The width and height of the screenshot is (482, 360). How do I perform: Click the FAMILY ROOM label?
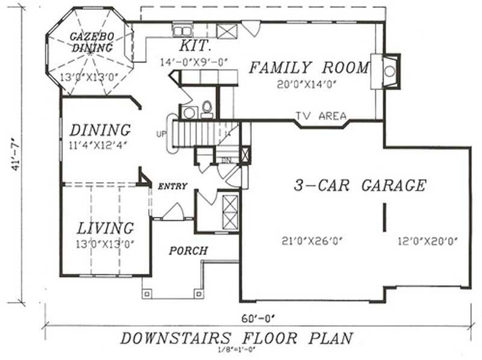[308, 68]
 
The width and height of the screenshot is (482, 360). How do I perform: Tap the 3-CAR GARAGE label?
[360, 186]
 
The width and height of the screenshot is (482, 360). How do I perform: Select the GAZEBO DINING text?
[90, 42]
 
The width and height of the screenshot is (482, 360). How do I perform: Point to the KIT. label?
[195, 46]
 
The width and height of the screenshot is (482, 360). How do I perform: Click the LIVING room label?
[105, 229]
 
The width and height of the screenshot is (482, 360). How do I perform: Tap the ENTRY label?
[173, 186]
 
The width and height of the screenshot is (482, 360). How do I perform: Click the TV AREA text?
[321, 116]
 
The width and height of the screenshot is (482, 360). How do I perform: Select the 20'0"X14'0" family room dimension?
[305, 84]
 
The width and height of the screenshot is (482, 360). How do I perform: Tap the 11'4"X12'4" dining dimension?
[100, 145]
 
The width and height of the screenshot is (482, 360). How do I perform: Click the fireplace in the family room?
[388, 70]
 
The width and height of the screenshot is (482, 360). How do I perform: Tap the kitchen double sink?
[181, 30]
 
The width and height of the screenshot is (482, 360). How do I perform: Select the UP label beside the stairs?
[161, 133]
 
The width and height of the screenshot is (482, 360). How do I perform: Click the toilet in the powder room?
[207, 109]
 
